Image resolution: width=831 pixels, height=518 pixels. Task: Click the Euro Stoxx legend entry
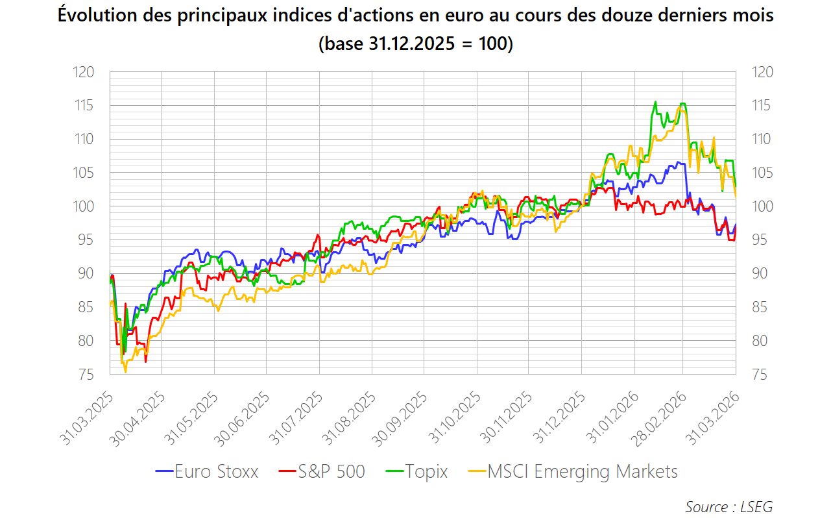click(208, 471)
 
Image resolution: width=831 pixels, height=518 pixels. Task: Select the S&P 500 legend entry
click(322, 471)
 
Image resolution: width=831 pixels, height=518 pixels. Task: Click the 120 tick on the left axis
click(84, 72)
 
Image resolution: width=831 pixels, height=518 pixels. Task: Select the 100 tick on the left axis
click(84, 206)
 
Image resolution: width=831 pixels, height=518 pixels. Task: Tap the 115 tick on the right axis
click(763, 106)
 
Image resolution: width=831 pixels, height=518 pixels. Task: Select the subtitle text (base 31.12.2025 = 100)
click(415, 44)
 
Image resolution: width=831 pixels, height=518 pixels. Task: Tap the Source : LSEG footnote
click(729, 506)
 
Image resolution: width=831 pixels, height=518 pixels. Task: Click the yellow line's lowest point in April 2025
click(125, 372)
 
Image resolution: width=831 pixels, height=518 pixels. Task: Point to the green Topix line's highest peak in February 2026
click(655, 102)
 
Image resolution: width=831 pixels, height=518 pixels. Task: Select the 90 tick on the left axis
click(86, 274)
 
